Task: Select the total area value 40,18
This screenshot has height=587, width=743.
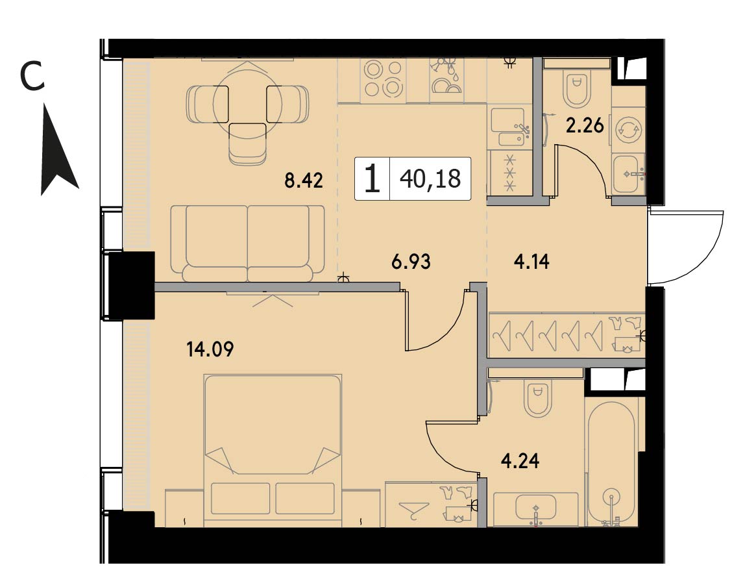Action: [430, 179]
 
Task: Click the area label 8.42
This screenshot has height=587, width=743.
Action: [304, 181]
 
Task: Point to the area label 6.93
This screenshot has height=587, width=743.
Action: [411, 261]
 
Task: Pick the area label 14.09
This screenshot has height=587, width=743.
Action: [210, 350]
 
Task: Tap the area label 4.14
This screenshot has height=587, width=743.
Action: [531, 261]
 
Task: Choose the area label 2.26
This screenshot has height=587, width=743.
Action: [585, 126]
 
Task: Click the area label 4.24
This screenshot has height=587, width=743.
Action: [520, 461]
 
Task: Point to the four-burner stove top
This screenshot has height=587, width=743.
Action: [384, 79]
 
